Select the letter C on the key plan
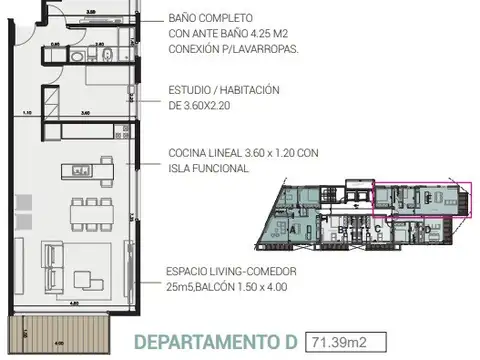(x=377, y=229)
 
